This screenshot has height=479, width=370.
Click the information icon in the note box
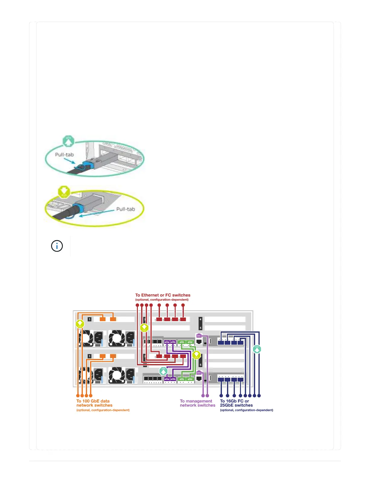click(x=57, y=246)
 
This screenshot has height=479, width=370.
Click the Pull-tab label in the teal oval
click(x=64, y=155)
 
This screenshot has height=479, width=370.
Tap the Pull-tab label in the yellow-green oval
click(x=125, y=209)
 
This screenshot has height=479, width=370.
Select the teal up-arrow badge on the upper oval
click(x=68, y=141)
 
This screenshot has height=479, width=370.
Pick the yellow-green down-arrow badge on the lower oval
click(x=64, y=192)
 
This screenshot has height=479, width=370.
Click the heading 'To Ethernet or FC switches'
click(x=163, y=295)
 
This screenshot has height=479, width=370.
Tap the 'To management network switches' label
click(x=197, y=403)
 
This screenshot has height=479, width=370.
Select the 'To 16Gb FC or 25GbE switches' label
click(x=236, y=403)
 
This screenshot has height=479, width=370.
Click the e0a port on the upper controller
click(x=167, y=342)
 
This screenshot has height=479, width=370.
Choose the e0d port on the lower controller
click(x=190, y=379)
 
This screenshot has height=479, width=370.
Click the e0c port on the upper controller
click(x=182, y=342)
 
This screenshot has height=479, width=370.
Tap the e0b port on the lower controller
click(x=173, y=379)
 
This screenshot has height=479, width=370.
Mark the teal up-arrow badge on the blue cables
click(x=257, y=349)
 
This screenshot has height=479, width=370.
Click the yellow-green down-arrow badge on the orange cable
click(x=80, y=324)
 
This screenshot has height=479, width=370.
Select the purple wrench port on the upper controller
click(x=199, y=336)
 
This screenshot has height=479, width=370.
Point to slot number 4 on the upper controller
click(x=200, y=319)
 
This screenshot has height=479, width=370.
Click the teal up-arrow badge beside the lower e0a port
click(x=163, y=371)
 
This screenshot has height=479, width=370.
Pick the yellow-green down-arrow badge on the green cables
click(x=196, y=355)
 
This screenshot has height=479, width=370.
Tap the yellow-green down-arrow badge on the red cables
click(x=144, y=327)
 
